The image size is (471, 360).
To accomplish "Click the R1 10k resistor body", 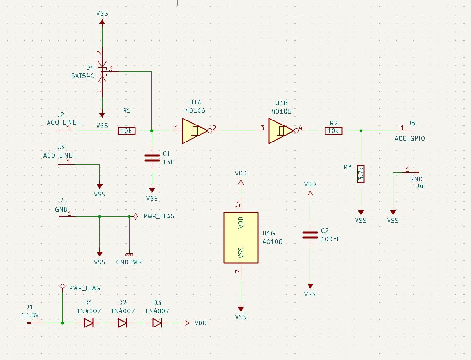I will (x=127, y=131).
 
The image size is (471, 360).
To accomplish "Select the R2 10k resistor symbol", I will (x=333, y=131).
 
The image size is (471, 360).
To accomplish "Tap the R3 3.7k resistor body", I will (x=361, y=174).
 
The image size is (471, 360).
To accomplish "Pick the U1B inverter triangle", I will (x=281, y=131).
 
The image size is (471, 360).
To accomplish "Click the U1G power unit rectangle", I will (x=241, y=238).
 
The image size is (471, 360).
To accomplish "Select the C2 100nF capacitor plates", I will (x=310, y=235).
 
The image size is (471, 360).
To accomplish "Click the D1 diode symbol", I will (x=88, y=323).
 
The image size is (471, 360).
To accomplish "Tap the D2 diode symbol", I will (x=122, y=323).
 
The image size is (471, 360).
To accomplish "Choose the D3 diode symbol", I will (x=157, y=323).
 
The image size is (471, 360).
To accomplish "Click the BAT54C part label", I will (x=83, y=76).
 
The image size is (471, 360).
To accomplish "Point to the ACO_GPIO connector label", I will (x=410, y=138).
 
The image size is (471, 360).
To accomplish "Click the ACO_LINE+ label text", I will (x=64, y=123).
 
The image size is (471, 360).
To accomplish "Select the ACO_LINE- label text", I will (x=60, y=155).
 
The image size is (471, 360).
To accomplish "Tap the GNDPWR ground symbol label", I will (x=129, y=262).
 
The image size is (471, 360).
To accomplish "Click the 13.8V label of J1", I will (x=30, y=316).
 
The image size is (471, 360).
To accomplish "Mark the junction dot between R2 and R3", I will (x=361, y=131).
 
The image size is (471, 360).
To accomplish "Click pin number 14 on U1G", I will (x=238, y=203).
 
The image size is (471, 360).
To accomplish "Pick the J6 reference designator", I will (x=420, y=186).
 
